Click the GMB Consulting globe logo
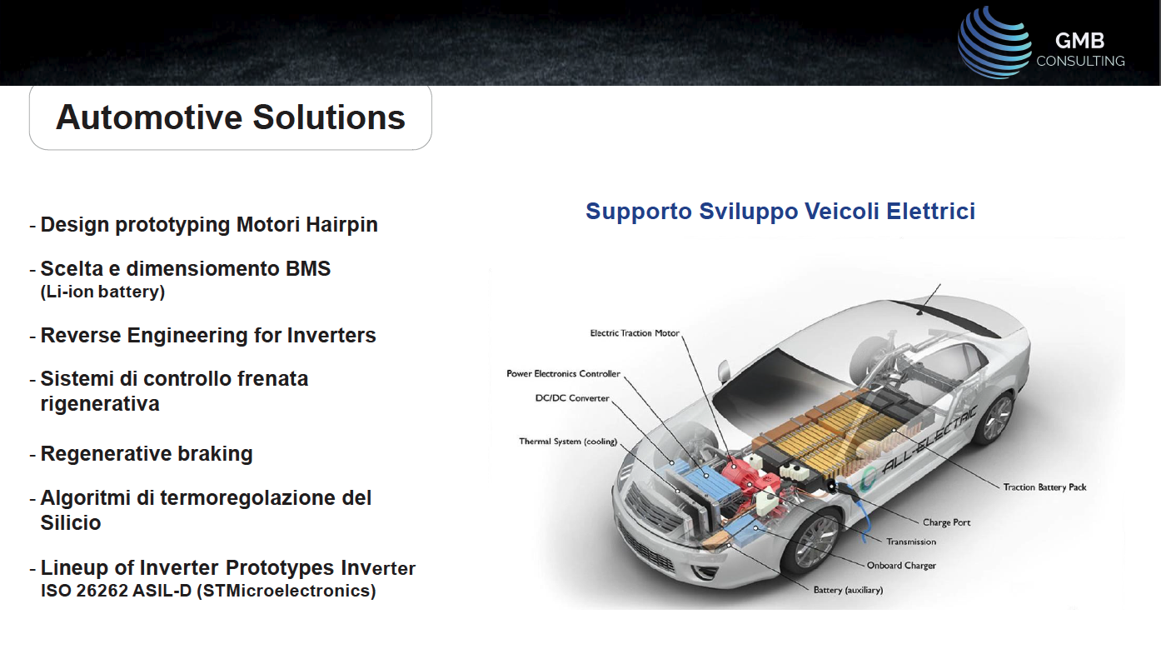994,42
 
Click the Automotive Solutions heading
230,117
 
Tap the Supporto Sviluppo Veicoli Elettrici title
780,211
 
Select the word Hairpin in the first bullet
341,225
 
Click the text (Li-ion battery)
102,292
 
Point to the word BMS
308,268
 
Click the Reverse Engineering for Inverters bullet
208,336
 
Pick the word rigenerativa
100,403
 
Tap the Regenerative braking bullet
146,454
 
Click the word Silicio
71,522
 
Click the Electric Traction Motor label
635,333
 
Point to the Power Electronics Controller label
563,373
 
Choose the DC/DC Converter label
572,397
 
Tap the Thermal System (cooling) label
568,442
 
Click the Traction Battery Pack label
1044,487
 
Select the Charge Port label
946,522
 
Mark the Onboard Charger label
901,566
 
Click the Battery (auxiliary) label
848,590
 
